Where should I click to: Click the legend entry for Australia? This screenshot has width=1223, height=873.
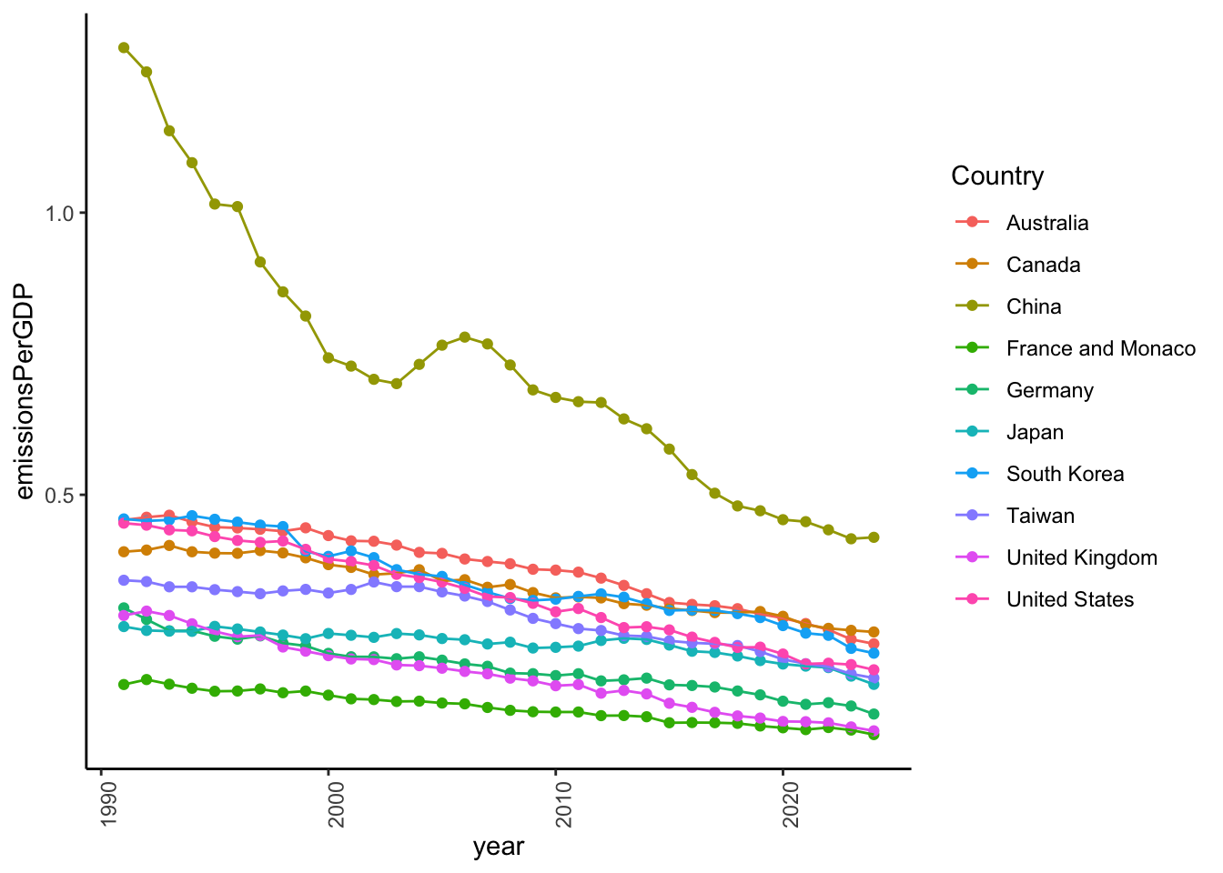click(x=1046, y=223)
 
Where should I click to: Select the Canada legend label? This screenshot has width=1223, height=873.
click(x=1043, y=265)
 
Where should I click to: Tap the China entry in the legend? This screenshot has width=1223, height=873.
click(x=1034, y=306)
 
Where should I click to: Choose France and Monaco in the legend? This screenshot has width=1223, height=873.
click(x=1100, y=348)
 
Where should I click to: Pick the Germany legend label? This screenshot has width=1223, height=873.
click(x=1049, y=390)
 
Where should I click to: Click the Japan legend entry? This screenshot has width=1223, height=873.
click(x=1035, y=432)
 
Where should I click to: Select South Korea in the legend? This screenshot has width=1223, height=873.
click(x=1065, y=474)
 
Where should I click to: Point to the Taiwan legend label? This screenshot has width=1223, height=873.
click(x=1040, y=516)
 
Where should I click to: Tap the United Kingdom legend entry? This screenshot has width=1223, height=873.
click(x=1081, y=557)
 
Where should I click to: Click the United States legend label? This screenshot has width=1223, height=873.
click(x=1069, y=599)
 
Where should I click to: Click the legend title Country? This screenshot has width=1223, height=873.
click(x=997, y=176)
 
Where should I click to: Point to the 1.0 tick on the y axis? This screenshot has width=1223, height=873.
click(x=60, y=214)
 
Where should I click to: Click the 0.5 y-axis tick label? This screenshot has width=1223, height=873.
click(x=60, y=496)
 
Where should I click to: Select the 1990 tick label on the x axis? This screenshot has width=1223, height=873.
click(x=108, y=803)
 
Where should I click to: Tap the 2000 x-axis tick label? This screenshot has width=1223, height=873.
click(x=336, y=803)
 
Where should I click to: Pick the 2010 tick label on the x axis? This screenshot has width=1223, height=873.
click(x=563, y=803)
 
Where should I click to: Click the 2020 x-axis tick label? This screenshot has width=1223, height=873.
click(x=791, y=803)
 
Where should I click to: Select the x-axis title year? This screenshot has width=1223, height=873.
click(x=499, y=847)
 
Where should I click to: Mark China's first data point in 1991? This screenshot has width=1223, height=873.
click(x=124, y=47)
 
